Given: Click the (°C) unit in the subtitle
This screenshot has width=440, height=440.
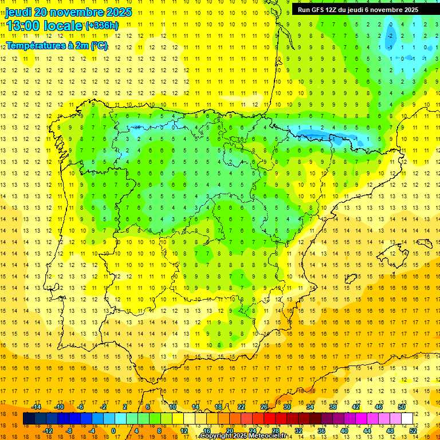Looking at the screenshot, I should tap(99, 45).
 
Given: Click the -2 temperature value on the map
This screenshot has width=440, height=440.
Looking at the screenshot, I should tap(391, 36).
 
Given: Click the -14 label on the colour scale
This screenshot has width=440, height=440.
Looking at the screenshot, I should tap(36, 407).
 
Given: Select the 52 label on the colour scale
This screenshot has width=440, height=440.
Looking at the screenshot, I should tap(413, 430).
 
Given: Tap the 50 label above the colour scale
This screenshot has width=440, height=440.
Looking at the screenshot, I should tap(401, 407).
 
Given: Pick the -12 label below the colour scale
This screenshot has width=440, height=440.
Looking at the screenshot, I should tap(48, 430).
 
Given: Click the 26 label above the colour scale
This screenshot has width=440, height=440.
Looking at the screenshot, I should tap(264, 407).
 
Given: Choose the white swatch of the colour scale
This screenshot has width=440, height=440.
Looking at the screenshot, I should tap(407, 419).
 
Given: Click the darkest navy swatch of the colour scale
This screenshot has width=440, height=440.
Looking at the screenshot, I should tap(29, 419).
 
